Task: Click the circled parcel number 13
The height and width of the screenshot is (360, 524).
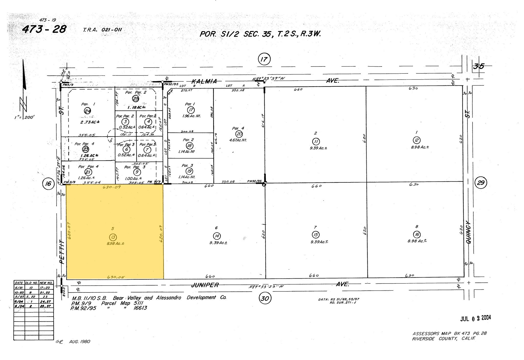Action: click(113, 237)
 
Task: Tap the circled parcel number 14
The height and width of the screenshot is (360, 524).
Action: click(217, 236)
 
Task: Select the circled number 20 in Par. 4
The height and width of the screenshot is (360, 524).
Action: click(239, 134)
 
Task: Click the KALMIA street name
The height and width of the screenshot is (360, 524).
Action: click(204, 81)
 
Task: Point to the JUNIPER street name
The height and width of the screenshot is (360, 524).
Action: click(205, 285)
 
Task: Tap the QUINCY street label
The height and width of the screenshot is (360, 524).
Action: click(469, 232)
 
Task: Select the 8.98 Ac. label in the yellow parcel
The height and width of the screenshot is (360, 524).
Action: click(115, 244)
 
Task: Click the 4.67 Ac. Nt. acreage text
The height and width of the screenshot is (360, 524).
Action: click(238, 140)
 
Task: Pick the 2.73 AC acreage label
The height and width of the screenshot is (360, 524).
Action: click(90, 122)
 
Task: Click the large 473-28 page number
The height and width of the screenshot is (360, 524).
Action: click(44, 29)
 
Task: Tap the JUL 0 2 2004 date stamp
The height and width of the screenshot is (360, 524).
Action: click(475, 318)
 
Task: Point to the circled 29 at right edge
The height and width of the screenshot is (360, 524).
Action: click(481, 183)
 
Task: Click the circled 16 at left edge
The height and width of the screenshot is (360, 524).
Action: click(48, 183)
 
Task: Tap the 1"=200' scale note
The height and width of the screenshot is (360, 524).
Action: click(24, 117)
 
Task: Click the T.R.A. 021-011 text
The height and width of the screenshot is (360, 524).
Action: click(102, 30)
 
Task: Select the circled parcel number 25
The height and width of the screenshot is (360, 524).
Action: click(135, 98)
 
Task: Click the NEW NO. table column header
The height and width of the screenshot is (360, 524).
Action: click(46, 283)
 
